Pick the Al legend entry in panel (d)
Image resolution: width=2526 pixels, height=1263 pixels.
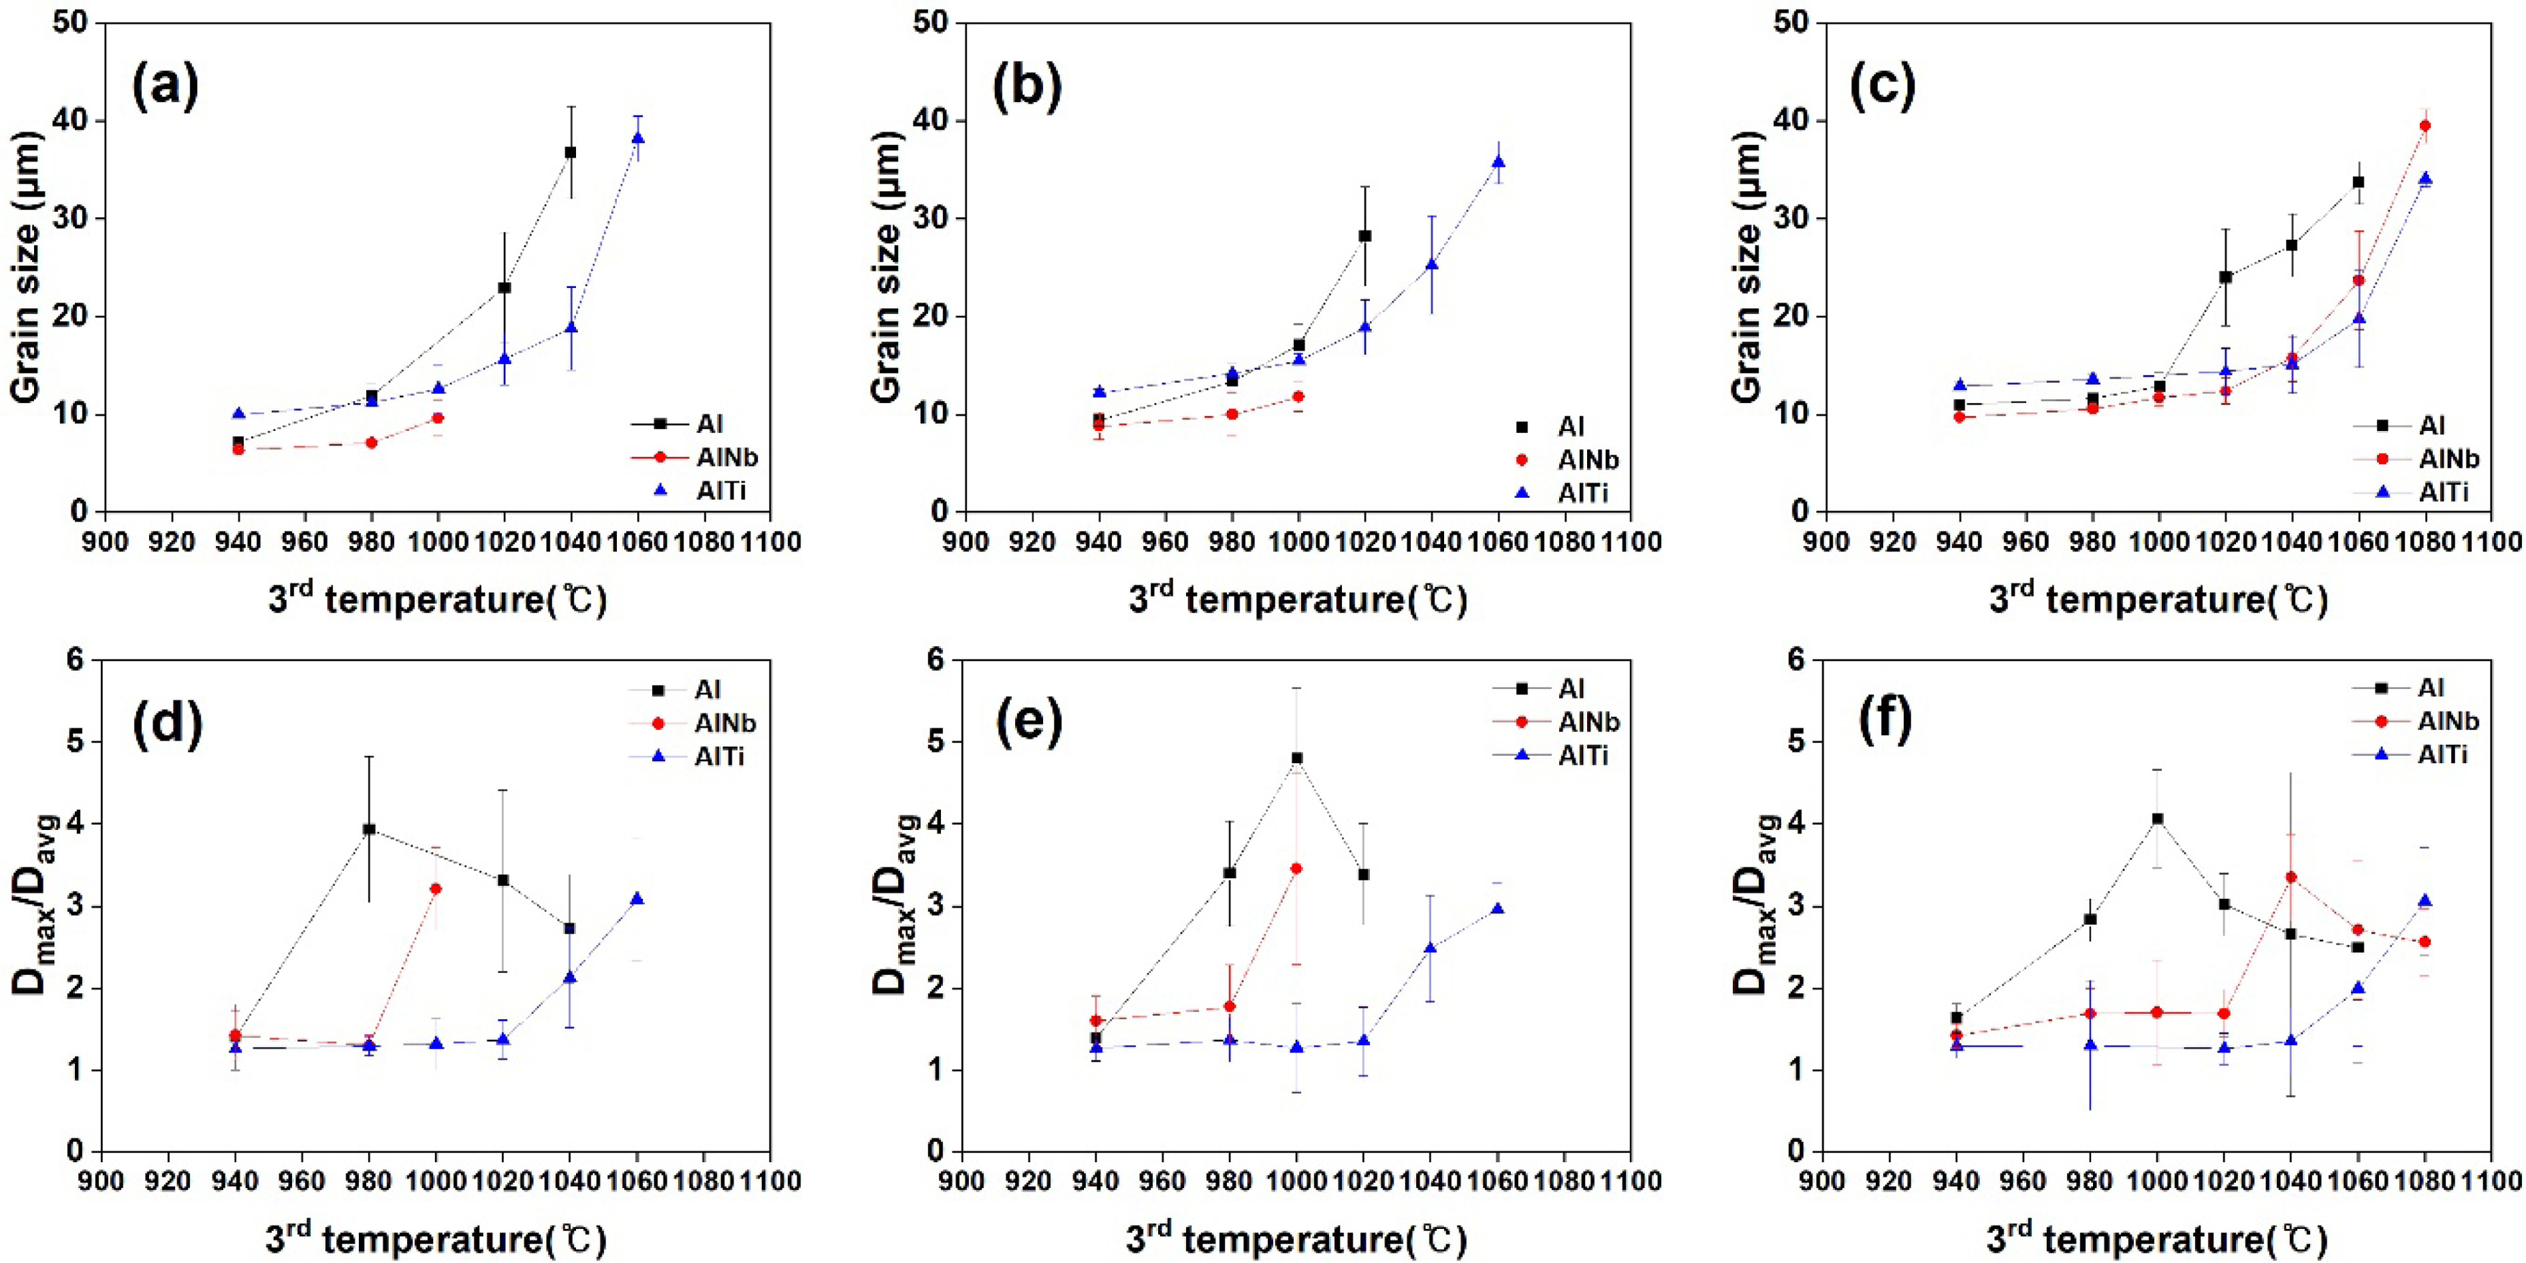(x=707, y=690)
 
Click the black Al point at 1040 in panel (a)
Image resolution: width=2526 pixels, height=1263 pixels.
(x=570, y=152)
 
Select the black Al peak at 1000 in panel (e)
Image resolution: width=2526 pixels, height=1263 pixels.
(x=1296, y=758)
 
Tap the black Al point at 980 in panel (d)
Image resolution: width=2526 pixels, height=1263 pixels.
(x=370, y=829)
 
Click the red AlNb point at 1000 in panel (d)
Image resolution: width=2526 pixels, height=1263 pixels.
(x=436, y=888)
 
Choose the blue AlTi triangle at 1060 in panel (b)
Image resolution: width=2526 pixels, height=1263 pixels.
(x=1498, y=162)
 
